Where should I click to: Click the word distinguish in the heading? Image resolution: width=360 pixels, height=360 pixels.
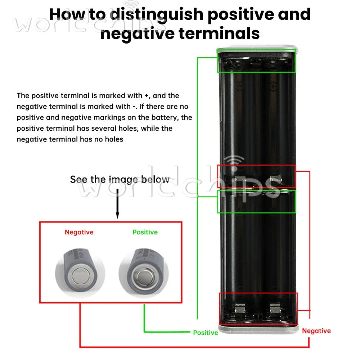coord(157,15)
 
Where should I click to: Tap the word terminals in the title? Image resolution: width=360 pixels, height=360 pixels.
coord(219,33)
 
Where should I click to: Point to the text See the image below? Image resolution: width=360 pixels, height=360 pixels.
coord(120,179)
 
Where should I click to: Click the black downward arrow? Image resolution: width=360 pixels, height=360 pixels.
coord(117,204)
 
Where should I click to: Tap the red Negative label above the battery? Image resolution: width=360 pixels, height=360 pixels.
coord(79,232)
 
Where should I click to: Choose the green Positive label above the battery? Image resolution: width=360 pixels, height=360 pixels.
coord(145,232)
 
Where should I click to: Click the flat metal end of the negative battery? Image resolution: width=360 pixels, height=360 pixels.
coord(80,276)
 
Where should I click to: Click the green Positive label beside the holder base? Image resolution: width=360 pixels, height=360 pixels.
coord(206,333)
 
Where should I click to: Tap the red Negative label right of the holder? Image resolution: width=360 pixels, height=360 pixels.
coord(316,331)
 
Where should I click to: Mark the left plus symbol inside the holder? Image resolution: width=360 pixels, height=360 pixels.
coord(239,86)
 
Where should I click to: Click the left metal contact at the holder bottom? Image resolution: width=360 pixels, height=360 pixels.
coord(240,308)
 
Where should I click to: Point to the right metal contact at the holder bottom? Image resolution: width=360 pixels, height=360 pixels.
coord(275,308)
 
